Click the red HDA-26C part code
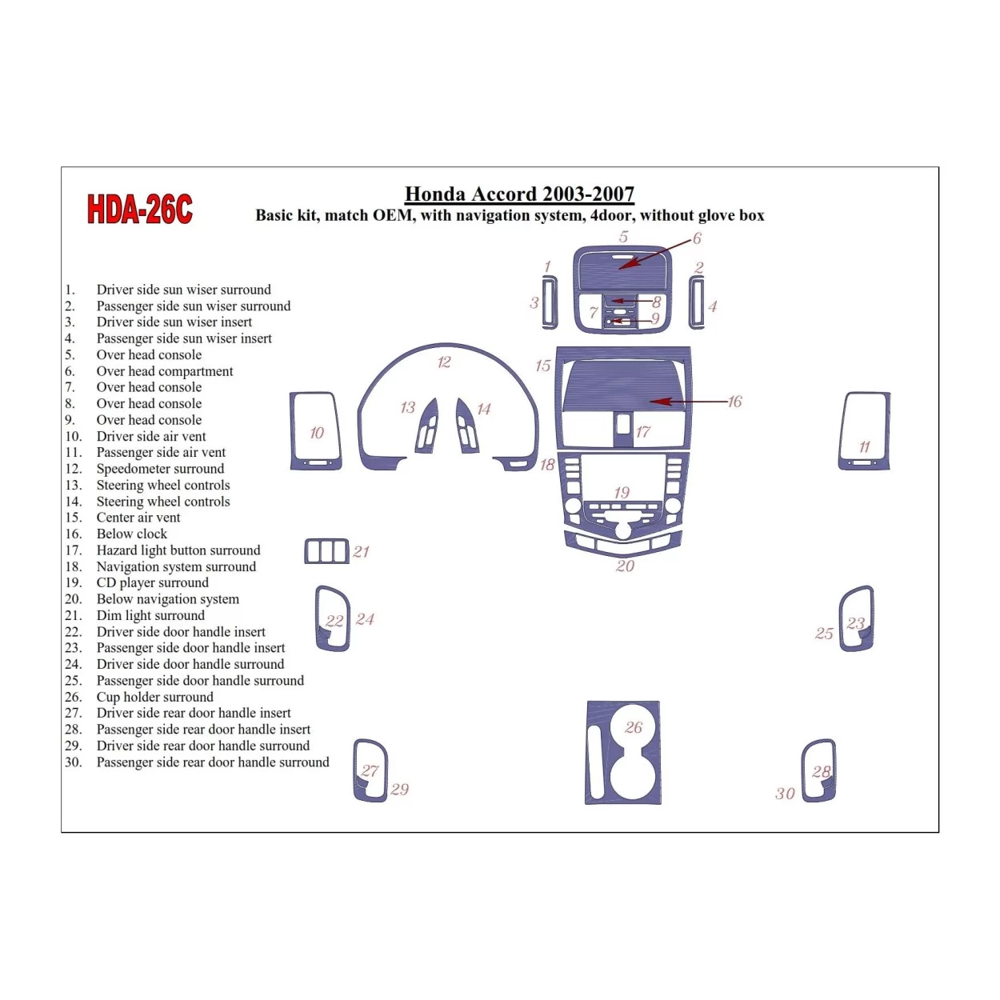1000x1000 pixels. [x=140, y=210]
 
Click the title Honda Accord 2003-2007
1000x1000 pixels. [x=519, y=194]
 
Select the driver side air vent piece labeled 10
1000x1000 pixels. [x=316, y=430]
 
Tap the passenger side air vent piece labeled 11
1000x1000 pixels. [x=864, y=430]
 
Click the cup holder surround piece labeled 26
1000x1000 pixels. [x=623, y=752]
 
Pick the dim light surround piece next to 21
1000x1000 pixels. [x=326, y=551]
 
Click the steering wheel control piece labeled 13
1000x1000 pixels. [x=427, y=427]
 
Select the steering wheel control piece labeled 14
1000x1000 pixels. [x=466, y=427]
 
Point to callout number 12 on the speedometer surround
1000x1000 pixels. [x=444, y=362]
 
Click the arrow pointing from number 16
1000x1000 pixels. [x=688, y=402]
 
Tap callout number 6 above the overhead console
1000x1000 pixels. [x=697, y=238]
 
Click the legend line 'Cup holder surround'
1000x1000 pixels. [x=155, y=697]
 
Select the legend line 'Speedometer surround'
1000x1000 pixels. [x=160, y=469]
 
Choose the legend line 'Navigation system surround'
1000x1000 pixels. [x=176, y=566]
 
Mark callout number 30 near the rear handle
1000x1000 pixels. [x=785, y=794]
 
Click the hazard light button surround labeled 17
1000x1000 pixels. [x=624, y=424]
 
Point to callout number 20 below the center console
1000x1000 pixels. [x=625, y=566]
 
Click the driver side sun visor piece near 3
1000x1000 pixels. [x=550, y=302]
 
